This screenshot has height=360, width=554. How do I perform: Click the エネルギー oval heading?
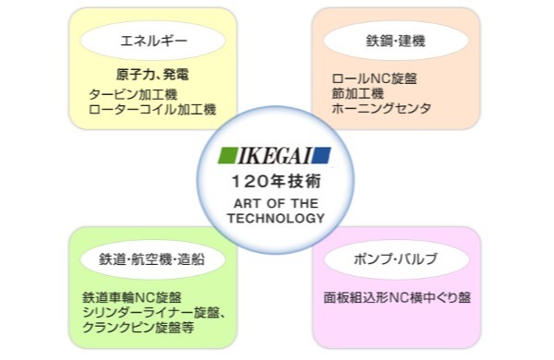(x=152, y=41)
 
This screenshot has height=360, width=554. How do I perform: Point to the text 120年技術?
(x=276, y=180)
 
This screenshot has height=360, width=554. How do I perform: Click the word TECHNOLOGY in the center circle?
(x=276, y=219)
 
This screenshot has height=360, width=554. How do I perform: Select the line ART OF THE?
(x=276, y=204)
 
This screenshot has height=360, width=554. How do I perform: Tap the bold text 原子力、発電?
(x=152, y=75)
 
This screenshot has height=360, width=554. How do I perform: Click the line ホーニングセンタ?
(x=381, y=109)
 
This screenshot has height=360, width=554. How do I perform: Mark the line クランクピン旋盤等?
(x=139, y=329)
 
